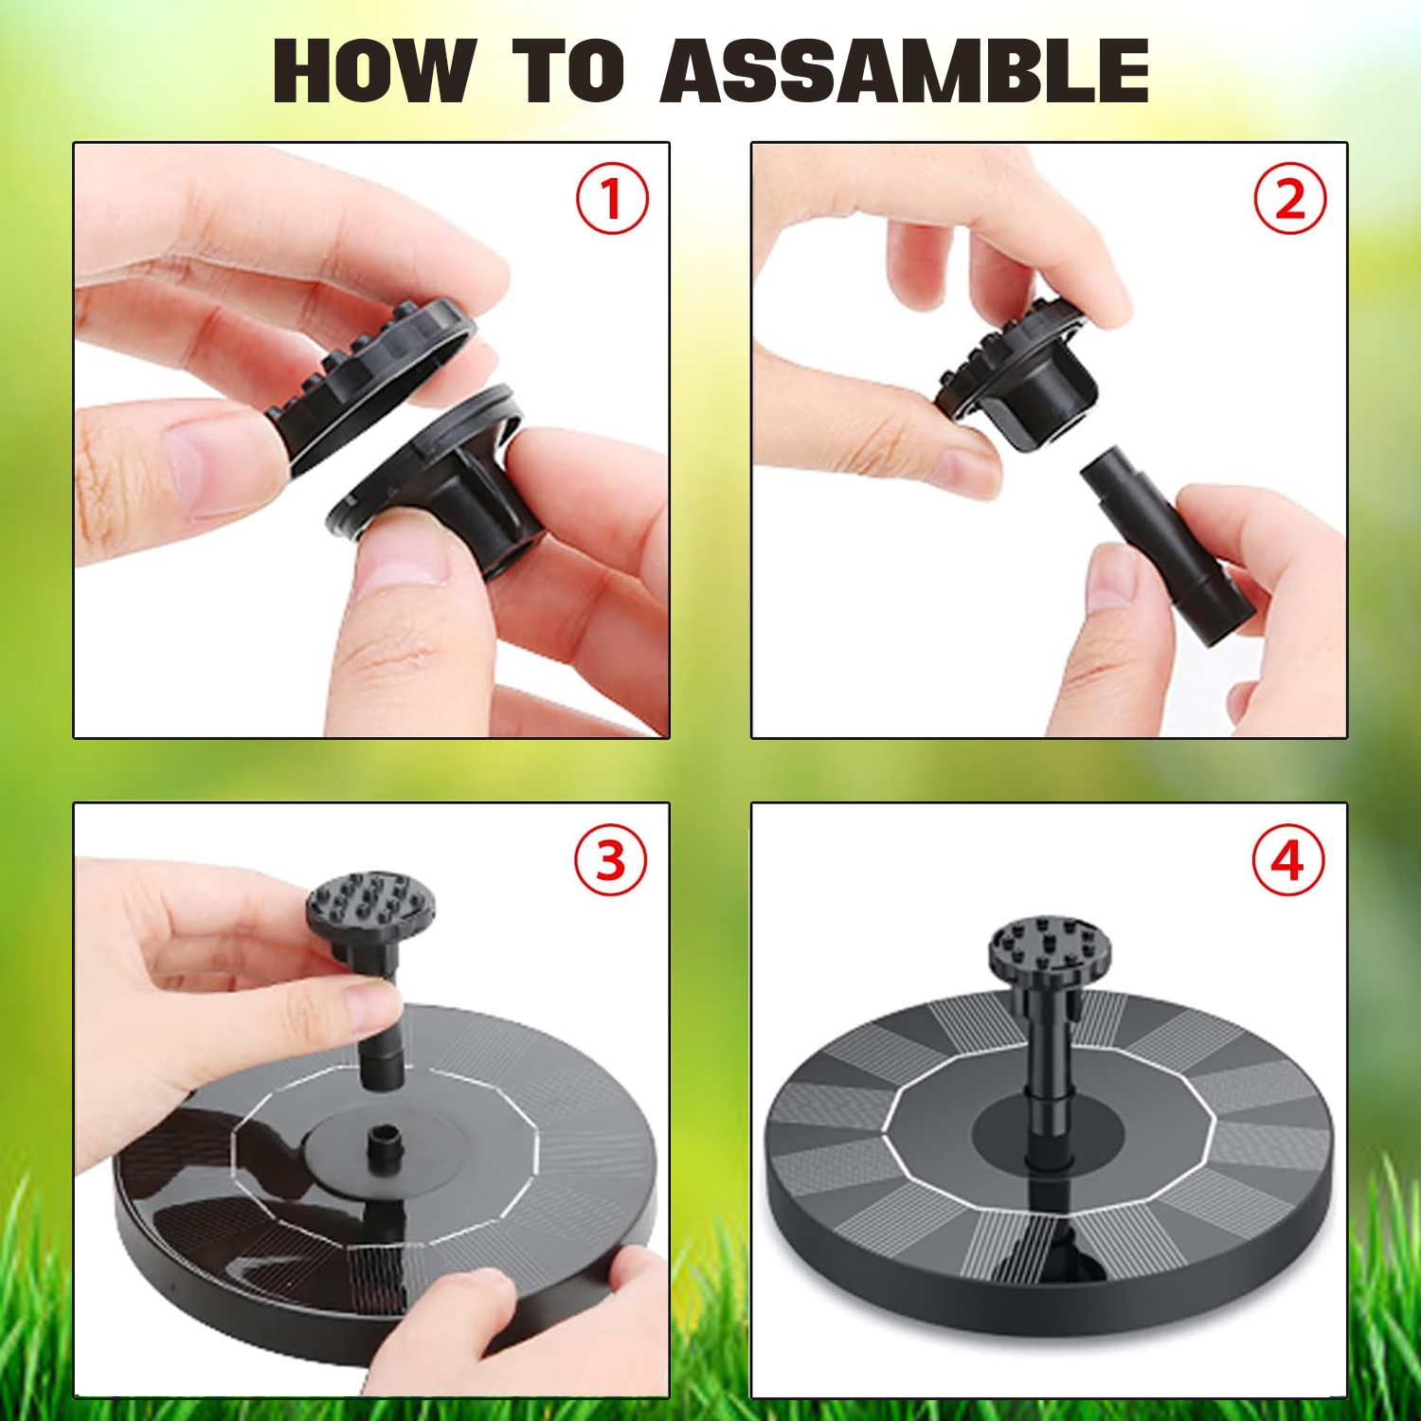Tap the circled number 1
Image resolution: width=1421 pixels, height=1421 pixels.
click(x=612, y=199)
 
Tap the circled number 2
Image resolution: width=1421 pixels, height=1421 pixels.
click(x=1289, y=199)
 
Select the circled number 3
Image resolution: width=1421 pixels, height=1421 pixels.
click(x=611, y=860)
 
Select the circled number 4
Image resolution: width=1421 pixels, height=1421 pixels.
click(x=1288, y=860)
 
